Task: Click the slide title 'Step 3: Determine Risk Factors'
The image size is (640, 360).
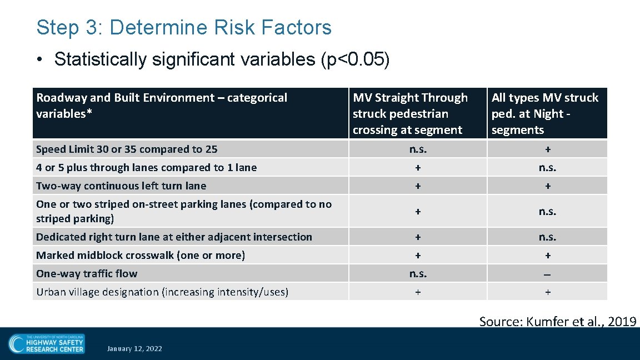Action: (184, 27)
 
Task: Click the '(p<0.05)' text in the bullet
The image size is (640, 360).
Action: (356, 59)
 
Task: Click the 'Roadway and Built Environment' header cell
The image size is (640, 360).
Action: (162, 106)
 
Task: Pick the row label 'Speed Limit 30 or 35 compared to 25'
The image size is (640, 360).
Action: (127, 149)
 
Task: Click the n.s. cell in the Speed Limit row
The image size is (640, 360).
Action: (418, 149)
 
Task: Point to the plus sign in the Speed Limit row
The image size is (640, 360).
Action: (548, 149)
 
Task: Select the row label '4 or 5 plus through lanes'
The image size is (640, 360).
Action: (146, 167)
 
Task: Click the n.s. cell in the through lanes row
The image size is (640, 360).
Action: (548, 167)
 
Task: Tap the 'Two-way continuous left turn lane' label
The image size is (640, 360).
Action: (121, 186)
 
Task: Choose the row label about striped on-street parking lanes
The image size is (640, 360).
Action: (183, 211)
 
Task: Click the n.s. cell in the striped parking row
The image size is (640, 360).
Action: (548, 211)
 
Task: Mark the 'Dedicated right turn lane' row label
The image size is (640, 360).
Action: (174, 237)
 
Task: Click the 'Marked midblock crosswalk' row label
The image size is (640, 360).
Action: (141, 255)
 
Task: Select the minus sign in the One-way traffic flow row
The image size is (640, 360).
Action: (548, 274)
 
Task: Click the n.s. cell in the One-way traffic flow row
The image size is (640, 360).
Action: (418, 273)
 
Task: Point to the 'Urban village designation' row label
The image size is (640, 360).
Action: (162, 292)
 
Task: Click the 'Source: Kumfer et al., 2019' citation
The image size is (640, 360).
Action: (557, 321)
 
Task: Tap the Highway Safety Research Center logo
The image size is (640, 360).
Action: (47, 343)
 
